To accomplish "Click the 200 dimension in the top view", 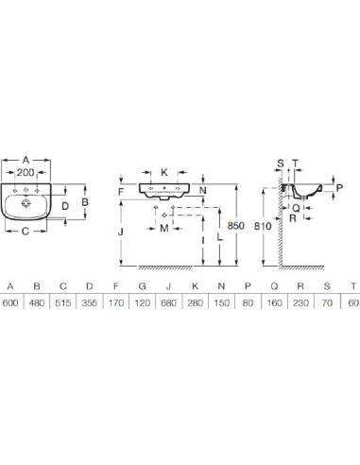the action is click(x=26, y=172).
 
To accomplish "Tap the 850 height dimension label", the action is click(x=235, y=226).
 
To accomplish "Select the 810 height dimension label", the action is click(x=263, y=226).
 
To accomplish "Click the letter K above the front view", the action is click(x=164, y=172).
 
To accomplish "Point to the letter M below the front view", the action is click(x=164, y=228).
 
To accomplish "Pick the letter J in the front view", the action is click(x=121, y=232).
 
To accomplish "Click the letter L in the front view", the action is click(x=220, y=236).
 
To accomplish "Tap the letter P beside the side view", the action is click(x=339, y=188).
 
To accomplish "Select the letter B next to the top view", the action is click(x=85, y=202).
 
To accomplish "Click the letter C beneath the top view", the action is click(x=26, y=232).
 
